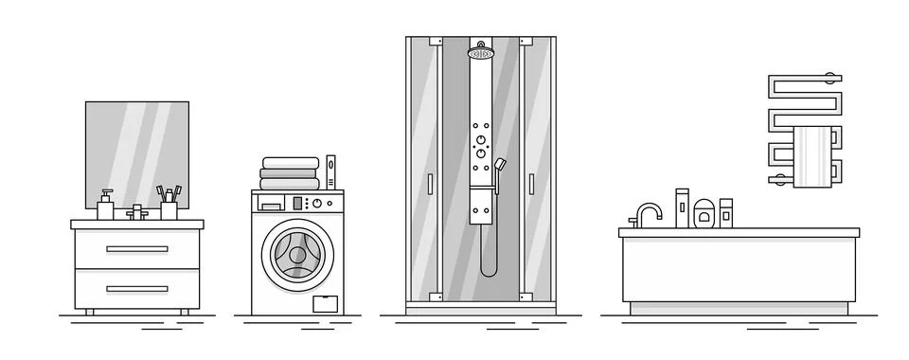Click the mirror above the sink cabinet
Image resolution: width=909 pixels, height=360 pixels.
pos(136,152)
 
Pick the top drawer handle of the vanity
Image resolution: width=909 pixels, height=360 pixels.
pos(136,249)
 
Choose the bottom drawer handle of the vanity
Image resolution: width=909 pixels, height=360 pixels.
pos(136,289)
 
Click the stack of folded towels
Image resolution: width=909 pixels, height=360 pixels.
pos(289,173)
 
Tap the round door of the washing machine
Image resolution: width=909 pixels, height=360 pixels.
pos(297,255)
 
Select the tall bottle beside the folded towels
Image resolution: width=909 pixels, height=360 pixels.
pos(330,171)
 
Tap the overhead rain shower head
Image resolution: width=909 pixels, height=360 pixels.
pos(480,52)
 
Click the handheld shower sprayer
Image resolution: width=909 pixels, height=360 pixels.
pos(499,167)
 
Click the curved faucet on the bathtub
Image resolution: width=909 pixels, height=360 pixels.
pos(648,213)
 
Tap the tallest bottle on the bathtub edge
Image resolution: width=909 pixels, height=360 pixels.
pos(681,207)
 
